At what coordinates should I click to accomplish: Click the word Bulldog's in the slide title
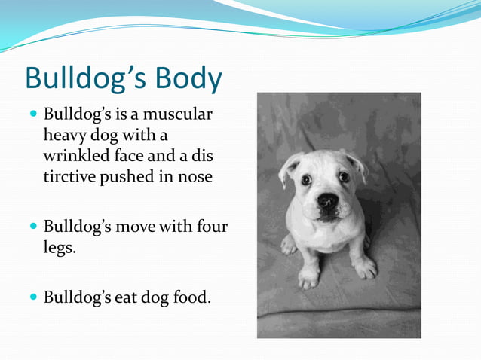click(x=84, y=79)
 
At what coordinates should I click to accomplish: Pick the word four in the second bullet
click(x=212, y=226)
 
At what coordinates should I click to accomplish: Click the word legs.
click(x=60, y=247)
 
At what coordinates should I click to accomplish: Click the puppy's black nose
click(x=327, y=200)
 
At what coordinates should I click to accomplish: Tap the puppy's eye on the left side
click(x=306, y=180)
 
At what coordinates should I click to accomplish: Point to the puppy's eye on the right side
click(x=344, y=177)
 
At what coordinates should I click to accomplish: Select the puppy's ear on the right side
click(x=357, y=163)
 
